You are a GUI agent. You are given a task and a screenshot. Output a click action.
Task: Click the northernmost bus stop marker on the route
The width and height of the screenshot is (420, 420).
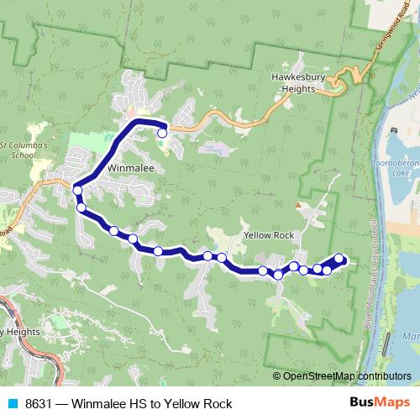click(162, 132)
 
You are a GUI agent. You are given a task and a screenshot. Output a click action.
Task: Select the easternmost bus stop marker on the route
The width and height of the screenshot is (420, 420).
click(339, 259)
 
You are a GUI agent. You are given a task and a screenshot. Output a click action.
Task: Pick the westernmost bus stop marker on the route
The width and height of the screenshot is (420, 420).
click(77, 191)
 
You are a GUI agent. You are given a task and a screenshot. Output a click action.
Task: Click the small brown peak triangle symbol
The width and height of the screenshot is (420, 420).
click(297, 204)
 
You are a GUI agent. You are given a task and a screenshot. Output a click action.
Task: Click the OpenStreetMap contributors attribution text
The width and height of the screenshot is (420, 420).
click(346, 375)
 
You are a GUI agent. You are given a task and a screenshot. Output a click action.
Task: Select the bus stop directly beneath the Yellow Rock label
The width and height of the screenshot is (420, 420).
click(263, 270)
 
